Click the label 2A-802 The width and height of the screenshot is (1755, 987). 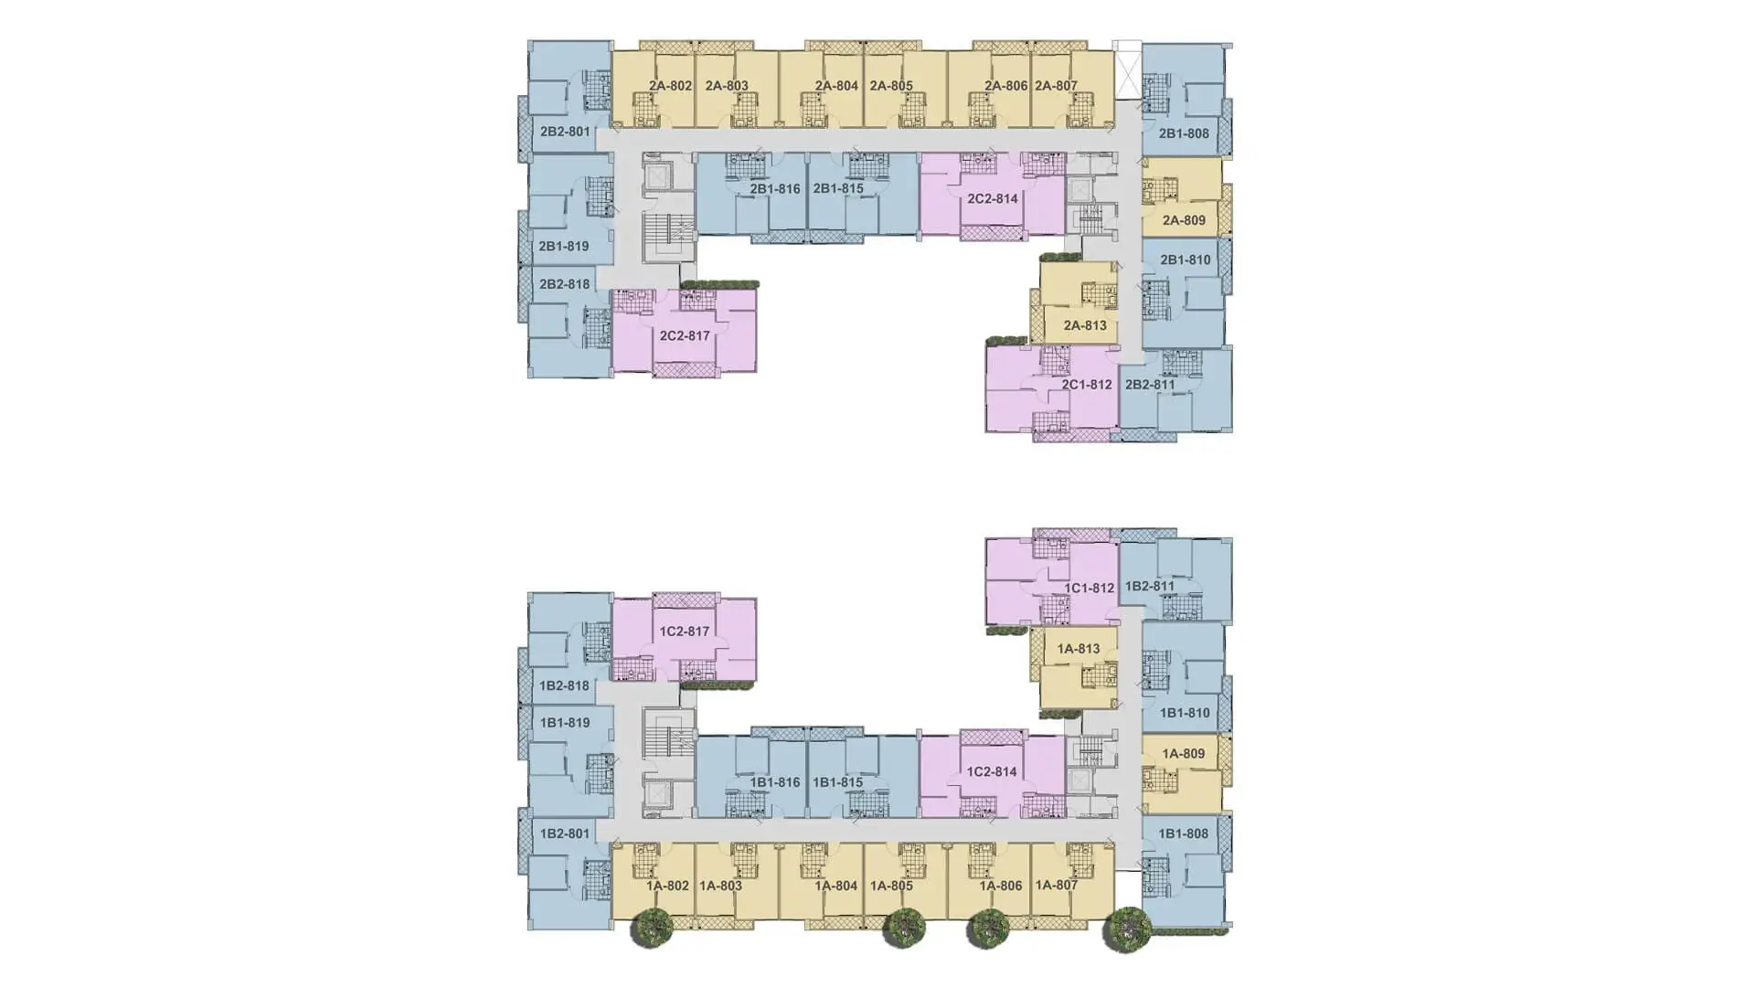670,86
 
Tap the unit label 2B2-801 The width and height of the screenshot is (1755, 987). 565,132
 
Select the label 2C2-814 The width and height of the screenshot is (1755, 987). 993,198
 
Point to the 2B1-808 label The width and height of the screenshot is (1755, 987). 1184,133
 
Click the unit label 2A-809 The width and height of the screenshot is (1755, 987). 1184,220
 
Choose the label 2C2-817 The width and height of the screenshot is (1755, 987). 685,336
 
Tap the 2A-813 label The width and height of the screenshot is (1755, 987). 1085,325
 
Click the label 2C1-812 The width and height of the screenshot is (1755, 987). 1087,385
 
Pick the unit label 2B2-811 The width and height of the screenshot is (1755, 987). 1150,385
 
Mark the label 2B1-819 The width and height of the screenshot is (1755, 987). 563,247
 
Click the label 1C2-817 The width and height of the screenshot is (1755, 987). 685,631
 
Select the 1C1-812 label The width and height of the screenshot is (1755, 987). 1090,589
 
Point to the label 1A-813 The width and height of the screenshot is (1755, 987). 1079,649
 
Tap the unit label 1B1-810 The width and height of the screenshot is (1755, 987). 1185,713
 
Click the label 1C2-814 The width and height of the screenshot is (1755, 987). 992,772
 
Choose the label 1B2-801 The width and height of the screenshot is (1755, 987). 565,833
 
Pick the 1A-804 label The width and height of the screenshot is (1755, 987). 836,886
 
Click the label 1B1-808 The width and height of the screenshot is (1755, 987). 1184,833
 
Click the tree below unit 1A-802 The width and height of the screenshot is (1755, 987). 652,929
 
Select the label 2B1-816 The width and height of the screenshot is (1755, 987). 775,189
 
